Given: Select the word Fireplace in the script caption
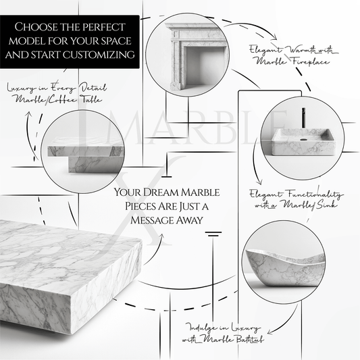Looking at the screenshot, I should (x=292, y=61).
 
